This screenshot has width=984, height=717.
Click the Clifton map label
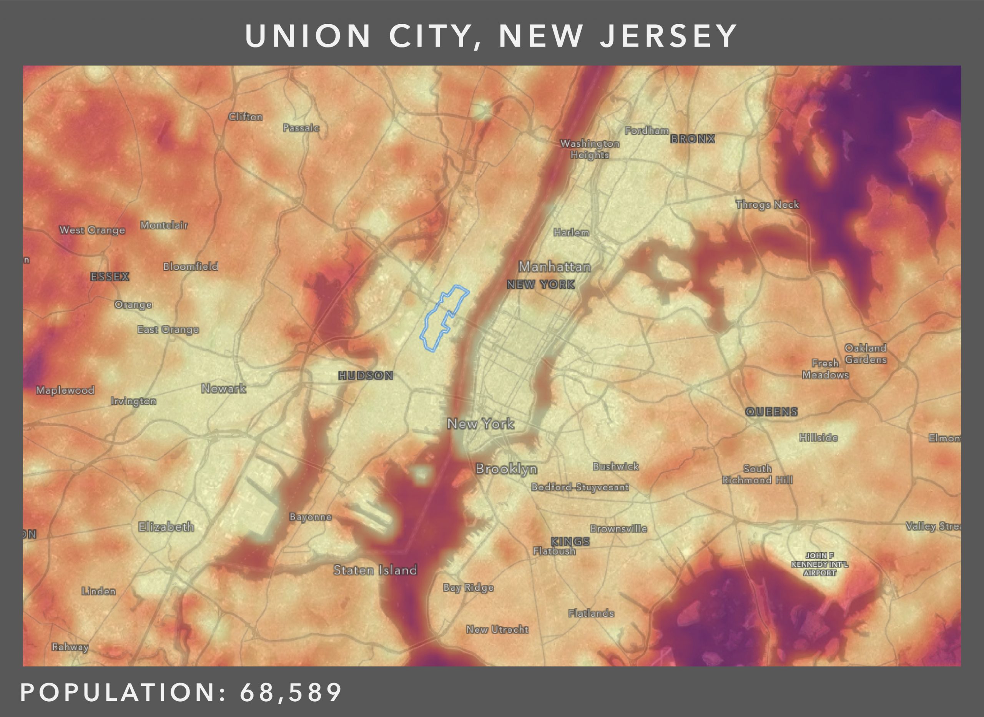(x=246, y=117)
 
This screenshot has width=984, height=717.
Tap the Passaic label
(x=301, y=128)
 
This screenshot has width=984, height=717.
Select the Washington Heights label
(x=590, y=149)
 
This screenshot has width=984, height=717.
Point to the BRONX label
(x=692, y=139)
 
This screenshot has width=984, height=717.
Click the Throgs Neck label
(x=767, y=204)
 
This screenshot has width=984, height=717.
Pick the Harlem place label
(x=571, y=232)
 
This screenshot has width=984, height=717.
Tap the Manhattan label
(x=554, y=267)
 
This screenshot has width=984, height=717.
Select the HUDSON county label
(x=366, y=375)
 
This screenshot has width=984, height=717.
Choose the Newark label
(x=224, y=388)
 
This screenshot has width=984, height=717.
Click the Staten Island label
(x=375, y=570)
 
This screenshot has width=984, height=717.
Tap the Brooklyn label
(x=506, y=469)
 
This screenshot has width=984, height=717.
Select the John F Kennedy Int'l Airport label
(x=819, y=564)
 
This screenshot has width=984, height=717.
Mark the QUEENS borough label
(x=771, y=412)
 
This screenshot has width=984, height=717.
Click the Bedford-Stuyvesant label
(x=580, y=487)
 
